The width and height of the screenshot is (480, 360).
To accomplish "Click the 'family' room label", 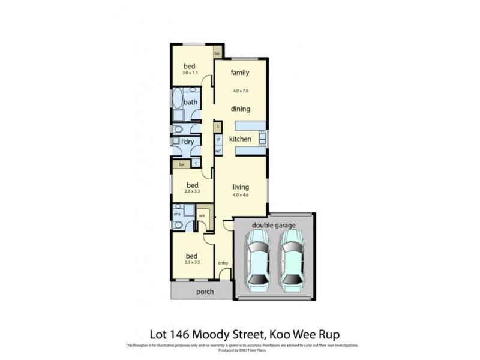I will (240, 73).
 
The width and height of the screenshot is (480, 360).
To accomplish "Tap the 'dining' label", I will (240, 109).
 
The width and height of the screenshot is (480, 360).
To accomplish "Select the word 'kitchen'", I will (240, 139).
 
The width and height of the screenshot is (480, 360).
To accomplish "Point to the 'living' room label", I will (241, 186).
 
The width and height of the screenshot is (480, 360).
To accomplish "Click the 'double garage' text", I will (273, 225).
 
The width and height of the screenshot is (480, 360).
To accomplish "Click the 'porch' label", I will (205, 292).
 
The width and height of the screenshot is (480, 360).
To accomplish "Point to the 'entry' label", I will (223, 263).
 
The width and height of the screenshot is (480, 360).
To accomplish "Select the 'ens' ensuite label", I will (177, 213).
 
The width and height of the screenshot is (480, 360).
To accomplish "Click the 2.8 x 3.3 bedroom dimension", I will (192, 192).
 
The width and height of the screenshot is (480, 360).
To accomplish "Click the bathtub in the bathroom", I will (178, 100).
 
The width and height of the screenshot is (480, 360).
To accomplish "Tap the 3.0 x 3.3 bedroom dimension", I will (190, 73).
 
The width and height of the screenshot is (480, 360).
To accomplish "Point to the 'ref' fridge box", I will (218, 151).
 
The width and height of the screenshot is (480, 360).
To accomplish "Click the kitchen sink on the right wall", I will (263, 139).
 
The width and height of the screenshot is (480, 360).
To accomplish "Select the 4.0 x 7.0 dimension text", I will (241, 91).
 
